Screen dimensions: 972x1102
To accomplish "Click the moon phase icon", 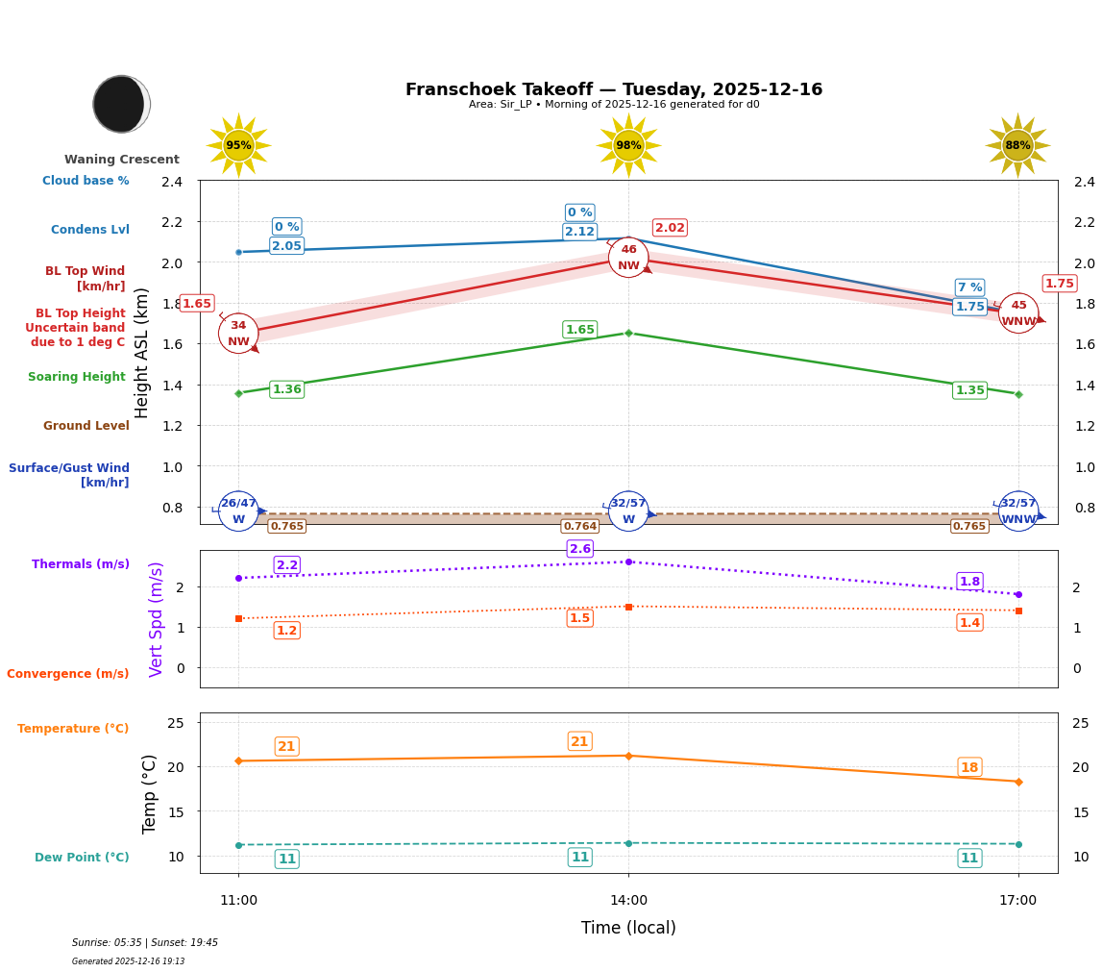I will [x=121, y=104].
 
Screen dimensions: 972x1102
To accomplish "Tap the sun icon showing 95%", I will [x=238, y=145].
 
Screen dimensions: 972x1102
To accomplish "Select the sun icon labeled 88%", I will [x=1017, y=145].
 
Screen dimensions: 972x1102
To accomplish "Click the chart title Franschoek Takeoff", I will [x=613, y=89].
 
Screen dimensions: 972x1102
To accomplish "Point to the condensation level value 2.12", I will [x=579, y=232].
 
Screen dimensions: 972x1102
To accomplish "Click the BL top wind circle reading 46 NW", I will [x=628, y=258].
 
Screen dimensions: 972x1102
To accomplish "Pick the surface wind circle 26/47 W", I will [x=238, y=511].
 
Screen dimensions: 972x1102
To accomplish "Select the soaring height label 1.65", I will [x=579, y=330].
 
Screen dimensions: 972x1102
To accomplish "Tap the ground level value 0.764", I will [x=579, y=526].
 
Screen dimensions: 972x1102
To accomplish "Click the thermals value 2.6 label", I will [x=579, y=549].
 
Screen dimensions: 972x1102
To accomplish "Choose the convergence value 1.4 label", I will [x=969, y=623].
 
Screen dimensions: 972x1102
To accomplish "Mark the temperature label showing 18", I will [x=969, y=767].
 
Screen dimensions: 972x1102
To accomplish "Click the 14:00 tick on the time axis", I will [x=628, y=901].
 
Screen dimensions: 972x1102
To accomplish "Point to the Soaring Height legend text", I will [x=77, y=377].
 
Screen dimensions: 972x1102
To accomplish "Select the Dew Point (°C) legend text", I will [x=82, y=858].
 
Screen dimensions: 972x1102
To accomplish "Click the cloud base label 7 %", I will [x=969, y=287].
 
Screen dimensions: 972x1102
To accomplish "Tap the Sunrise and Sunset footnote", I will [x=145, y=943].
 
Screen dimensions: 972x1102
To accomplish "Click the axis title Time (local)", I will [x=628, y=928].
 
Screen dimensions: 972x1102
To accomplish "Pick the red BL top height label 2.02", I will [x=670, y=228].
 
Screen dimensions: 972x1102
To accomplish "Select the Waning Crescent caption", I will [x=122, y=160].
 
